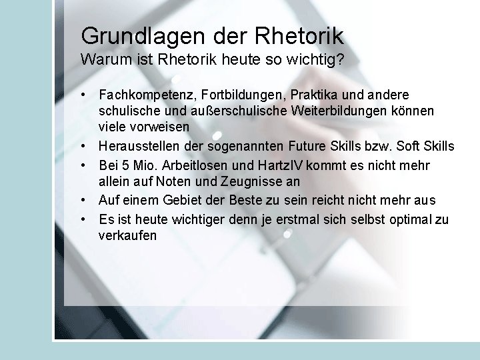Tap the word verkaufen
tap(127, 235)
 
